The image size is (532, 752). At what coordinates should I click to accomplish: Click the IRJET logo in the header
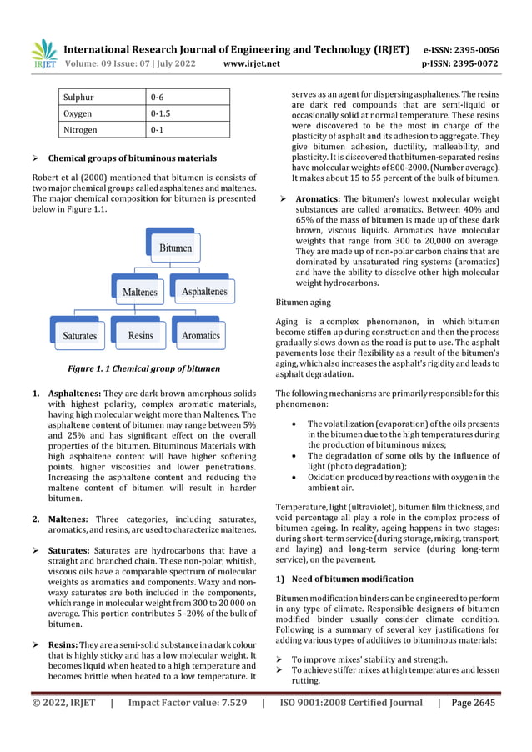[43, 54]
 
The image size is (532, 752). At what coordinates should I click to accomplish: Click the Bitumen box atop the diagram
[175, 248]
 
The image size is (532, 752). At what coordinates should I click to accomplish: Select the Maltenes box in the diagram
[139, 292]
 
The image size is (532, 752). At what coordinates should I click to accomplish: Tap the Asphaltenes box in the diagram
[204, 292]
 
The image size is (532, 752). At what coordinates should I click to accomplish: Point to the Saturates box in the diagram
[80, 335]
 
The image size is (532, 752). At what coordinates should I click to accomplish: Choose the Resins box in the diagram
[140, 335]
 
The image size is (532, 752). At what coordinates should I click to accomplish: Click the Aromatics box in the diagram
[200, 335]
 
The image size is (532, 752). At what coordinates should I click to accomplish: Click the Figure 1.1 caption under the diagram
[144, 368]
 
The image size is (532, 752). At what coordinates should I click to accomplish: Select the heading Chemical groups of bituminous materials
[132, 158]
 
